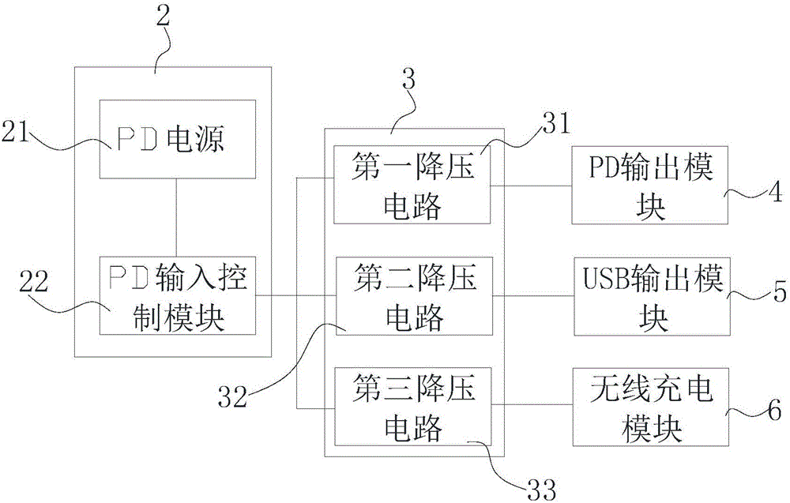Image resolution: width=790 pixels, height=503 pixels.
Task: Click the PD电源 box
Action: tap(176, 140)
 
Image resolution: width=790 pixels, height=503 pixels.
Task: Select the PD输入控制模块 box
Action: tap(176, 296)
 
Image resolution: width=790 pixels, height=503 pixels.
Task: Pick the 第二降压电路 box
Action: tap(412, 296)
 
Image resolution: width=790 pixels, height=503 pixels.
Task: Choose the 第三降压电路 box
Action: tap(412, 407)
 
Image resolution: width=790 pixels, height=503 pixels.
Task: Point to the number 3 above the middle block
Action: tap(408, 79)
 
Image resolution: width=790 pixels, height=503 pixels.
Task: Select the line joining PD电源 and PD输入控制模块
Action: tap(176, 218)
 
